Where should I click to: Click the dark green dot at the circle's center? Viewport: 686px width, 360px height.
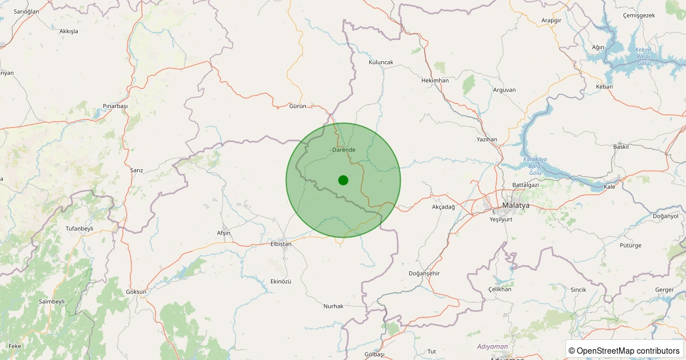click(343, 180)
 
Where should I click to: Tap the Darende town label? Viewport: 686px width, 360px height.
click(344, 150)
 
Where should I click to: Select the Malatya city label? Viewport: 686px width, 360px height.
click(516, 205)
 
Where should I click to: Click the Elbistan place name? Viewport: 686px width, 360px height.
click(281, 244)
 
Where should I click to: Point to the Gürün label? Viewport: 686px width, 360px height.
click(298, 106)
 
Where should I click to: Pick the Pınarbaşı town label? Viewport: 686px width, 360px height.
click(115, 106)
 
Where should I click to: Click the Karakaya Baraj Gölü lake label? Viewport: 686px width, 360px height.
click(535, 166)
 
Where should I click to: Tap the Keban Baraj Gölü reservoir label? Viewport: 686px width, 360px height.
click(643, 56)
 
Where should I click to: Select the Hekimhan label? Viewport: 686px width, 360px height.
click(434, 81)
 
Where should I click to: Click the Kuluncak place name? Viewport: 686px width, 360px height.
click(381, 62)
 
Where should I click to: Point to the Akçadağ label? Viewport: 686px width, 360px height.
click(444, 207)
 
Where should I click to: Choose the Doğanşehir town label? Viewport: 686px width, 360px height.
click(424, 274)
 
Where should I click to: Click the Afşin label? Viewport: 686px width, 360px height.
click(224, 233)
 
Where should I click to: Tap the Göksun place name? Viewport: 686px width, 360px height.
click(136, 292)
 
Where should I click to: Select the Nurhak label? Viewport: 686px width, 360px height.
click(333, 306)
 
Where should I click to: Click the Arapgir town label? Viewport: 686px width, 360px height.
click(552, 21)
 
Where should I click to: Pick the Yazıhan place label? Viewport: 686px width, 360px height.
click(487, 139)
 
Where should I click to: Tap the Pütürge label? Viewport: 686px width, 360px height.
click(631, 246)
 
